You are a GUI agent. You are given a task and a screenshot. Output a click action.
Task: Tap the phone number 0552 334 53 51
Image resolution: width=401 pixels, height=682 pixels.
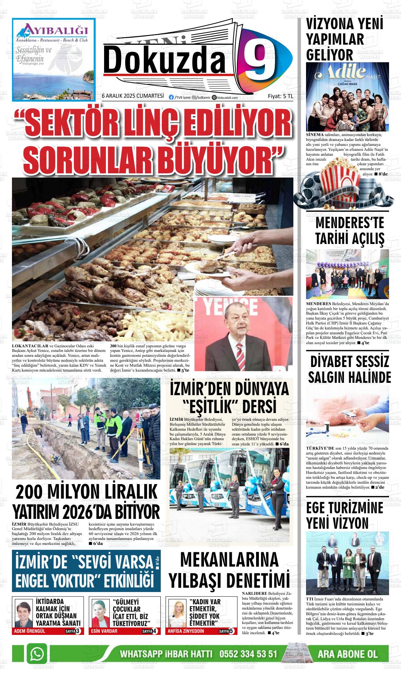[248, 655]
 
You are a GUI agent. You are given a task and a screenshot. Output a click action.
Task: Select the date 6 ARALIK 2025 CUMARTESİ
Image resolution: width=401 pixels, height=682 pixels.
[133, 96]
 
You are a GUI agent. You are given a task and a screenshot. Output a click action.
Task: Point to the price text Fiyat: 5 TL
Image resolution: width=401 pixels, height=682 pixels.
[280, 96]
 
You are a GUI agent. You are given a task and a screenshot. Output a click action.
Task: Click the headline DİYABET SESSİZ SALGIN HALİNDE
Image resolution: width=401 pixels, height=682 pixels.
[349, 369]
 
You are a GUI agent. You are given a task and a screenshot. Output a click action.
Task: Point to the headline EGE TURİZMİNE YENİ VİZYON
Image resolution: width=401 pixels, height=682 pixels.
[339, 515]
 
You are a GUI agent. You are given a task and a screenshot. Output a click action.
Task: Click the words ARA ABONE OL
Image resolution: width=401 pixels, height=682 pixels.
[347, 655]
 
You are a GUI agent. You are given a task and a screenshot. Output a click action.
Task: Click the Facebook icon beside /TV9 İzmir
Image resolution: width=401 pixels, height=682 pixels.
[171, 98]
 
